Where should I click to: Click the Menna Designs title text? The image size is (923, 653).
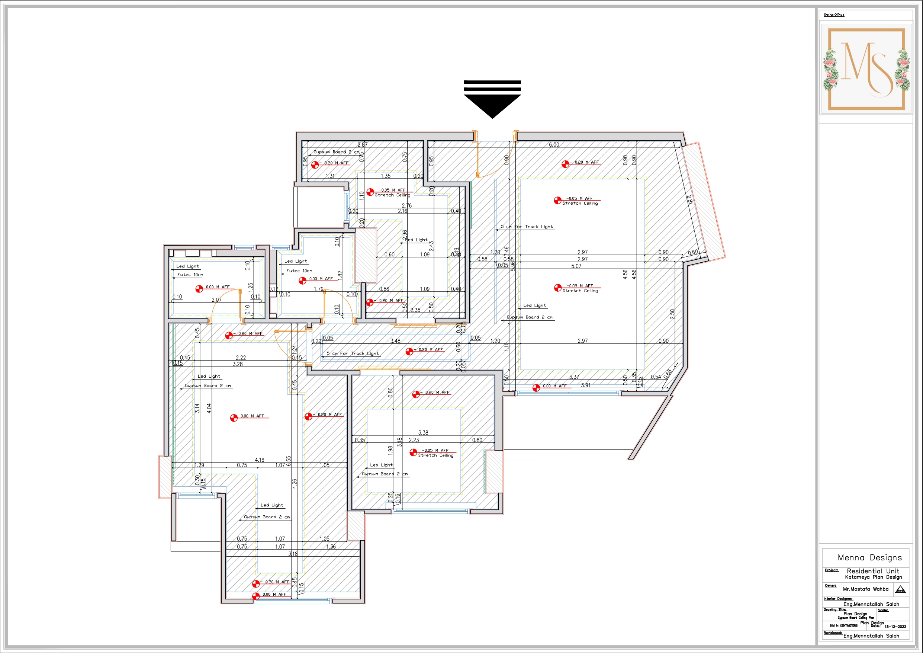pos(869,558)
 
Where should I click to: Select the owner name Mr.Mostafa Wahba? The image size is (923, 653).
pos(865,589)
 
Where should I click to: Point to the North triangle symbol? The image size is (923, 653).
pos(900,590)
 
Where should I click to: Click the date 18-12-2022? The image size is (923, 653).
pos(895,627)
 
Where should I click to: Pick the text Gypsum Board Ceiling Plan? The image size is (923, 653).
pos(856,618)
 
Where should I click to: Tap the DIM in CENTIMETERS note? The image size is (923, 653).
pos(843,625)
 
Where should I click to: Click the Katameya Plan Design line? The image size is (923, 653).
pos(873,577)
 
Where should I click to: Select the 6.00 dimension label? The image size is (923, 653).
pos(554,145)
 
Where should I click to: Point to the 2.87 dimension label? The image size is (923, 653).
pos(362,145)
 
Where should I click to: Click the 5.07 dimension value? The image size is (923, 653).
pos(576,266)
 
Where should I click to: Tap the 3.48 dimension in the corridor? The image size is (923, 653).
pos(395,341)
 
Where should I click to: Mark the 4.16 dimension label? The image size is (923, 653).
pos(259,460)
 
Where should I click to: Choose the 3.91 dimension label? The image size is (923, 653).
pos(585,385)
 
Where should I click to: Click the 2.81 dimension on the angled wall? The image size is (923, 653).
pos(689,199)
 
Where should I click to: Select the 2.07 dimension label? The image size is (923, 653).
pos(216,300)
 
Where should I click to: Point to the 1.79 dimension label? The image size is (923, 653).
pos(318,289)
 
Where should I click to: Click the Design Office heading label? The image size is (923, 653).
pos(834,15)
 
